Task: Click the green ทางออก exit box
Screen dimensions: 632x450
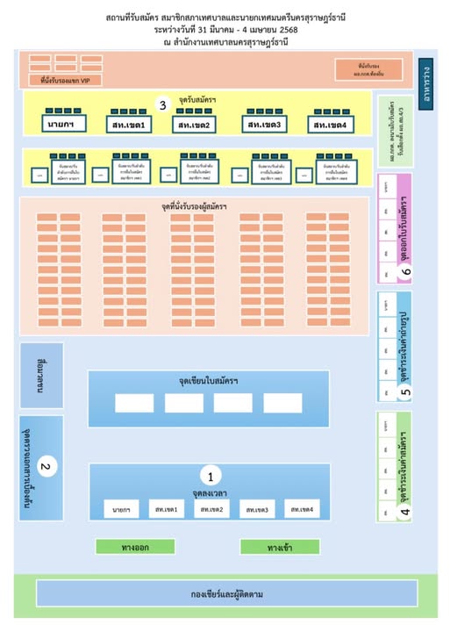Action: coord(129,547)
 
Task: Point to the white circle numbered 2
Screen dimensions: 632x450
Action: coord(48,467)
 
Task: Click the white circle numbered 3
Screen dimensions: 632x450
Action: coord(162,104)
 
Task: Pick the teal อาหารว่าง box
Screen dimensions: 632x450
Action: coord(425,80)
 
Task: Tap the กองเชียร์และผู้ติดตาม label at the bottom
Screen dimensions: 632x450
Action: coord(226,594)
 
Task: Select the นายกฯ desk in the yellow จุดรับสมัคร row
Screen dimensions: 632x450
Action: coord(62,126)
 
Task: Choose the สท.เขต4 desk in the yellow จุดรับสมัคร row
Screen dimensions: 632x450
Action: coord(332,126)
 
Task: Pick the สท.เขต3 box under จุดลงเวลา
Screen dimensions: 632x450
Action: coord(255,509)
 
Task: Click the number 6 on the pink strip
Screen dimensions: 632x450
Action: coord(405,272)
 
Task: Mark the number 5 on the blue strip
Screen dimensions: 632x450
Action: coord(405,393)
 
